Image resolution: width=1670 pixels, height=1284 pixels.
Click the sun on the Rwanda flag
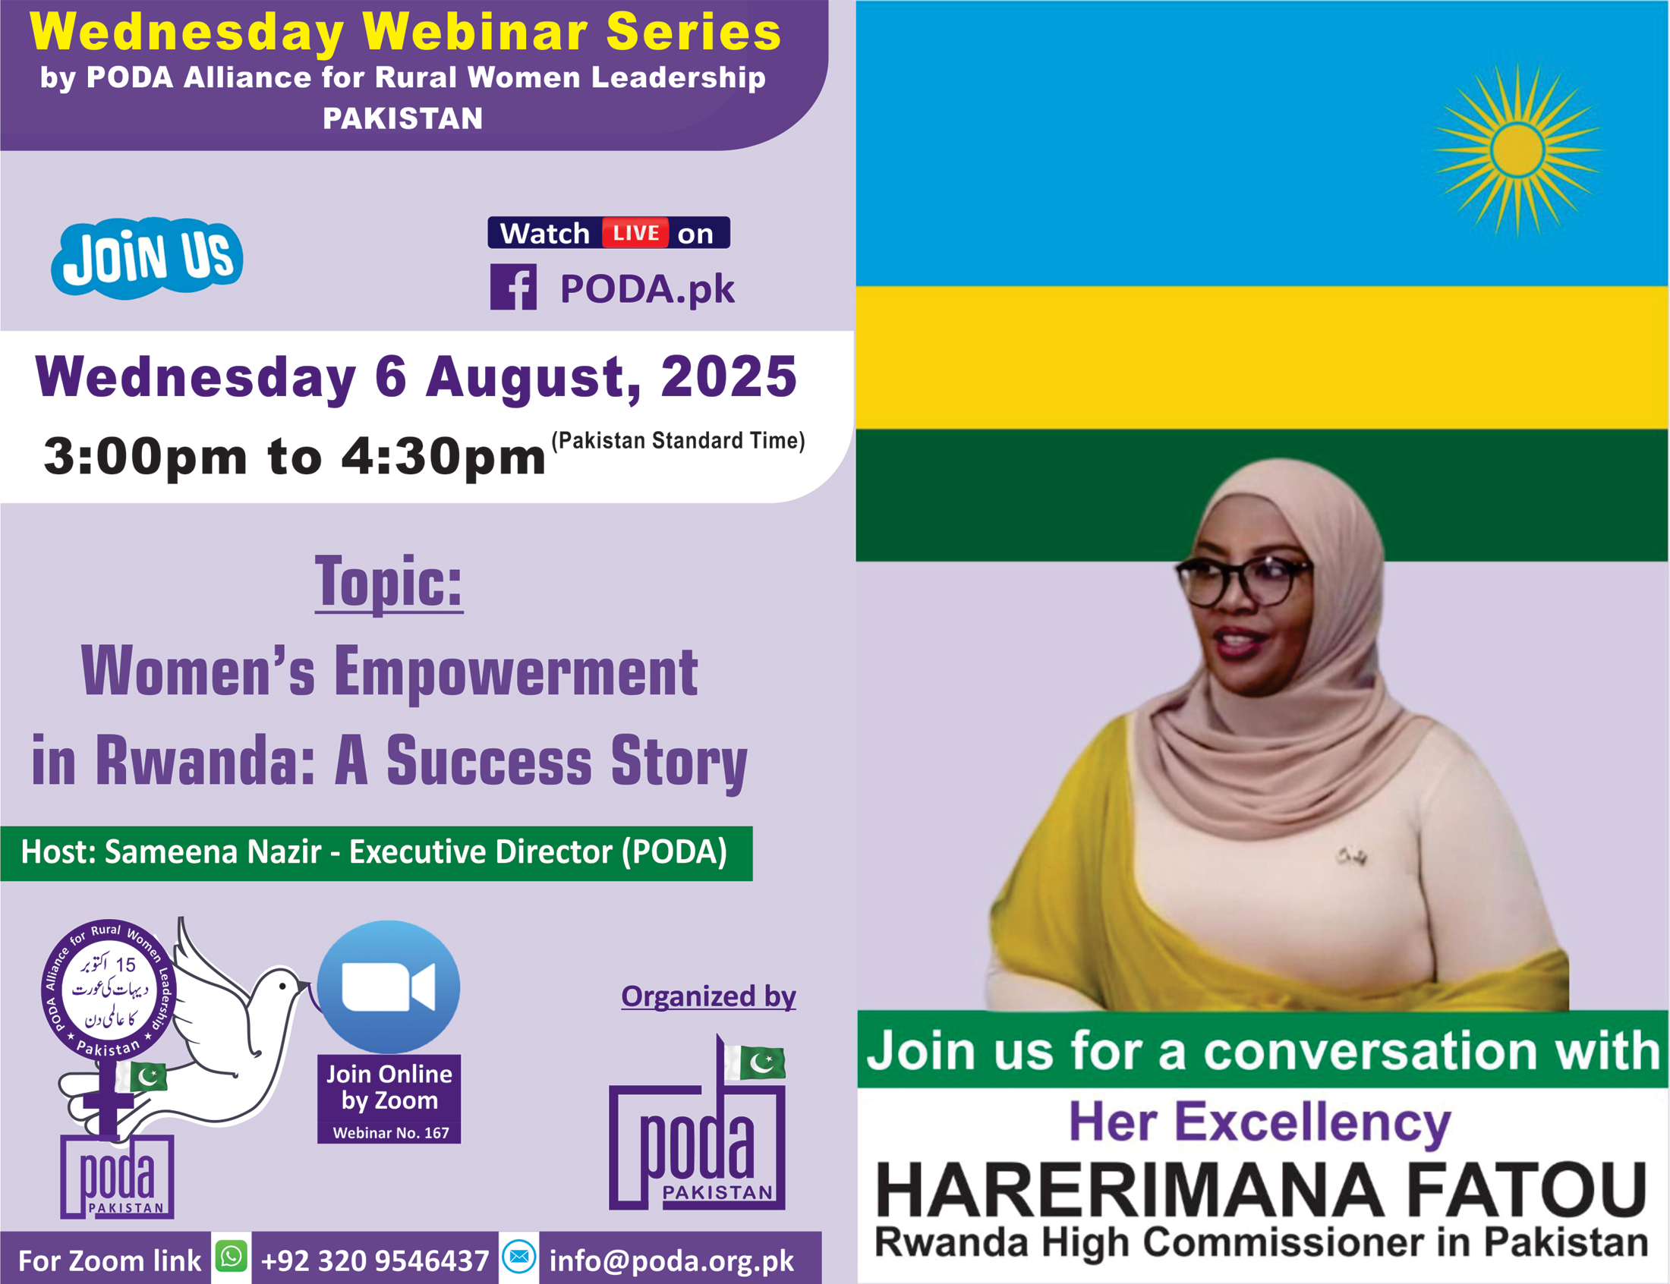click(1517, 150)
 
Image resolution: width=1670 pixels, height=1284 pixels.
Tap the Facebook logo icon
click(513, 287)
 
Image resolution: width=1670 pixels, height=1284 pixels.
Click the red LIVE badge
click(635, 232)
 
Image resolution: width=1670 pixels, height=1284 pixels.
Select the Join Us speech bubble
click(147, 258)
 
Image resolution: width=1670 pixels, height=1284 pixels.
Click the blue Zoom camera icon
click(388, 987)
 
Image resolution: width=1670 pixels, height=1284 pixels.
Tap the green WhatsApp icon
click(231, 1256)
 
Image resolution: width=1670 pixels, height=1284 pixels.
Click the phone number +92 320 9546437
click(374, 1260)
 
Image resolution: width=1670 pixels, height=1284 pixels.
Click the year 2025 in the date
click(729, 377)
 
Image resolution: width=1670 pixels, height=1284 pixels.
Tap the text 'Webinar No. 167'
click(391, 1133)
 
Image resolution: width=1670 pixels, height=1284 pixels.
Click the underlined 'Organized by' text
click(708, 996)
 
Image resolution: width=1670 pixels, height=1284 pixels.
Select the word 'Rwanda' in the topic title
click(206, 760)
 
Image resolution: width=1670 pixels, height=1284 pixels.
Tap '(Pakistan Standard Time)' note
click(678, 440)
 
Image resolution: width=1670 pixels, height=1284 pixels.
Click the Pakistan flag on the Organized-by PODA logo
click(756, 1061)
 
